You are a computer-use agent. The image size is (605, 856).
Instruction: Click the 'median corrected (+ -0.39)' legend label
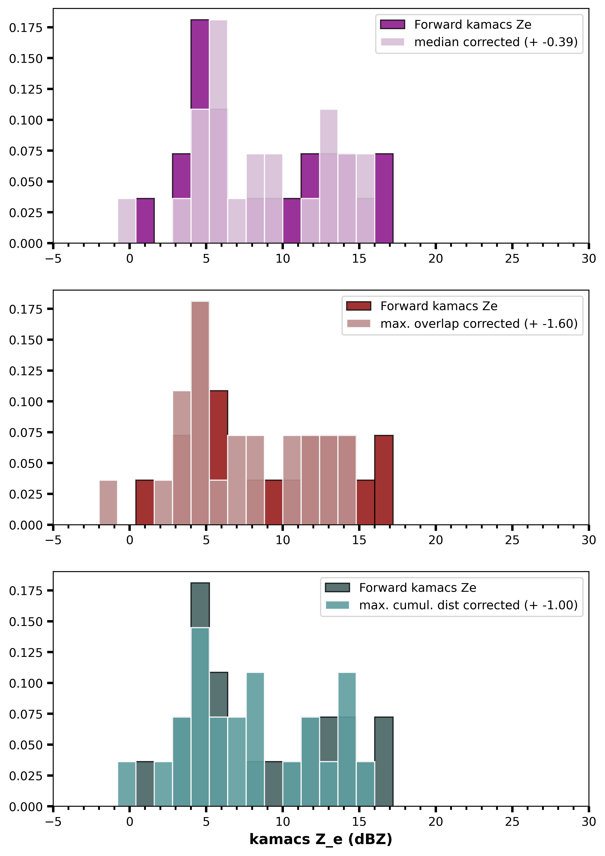coord(496,42)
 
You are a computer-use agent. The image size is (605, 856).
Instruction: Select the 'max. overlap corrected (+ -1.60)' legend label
coord(479,324)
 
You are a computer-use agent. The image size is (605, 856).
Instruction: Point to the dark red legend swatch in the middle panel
coord(358,306)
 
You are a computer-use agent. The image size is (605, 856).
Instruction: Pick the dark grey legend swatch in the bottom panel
coord(337,588)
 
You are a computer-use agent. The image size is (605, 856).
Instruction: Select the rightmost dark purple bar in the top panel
coord(384,198)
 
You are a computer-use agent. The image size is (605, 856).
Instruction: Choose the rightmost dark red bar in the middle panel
coord(384,480)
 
